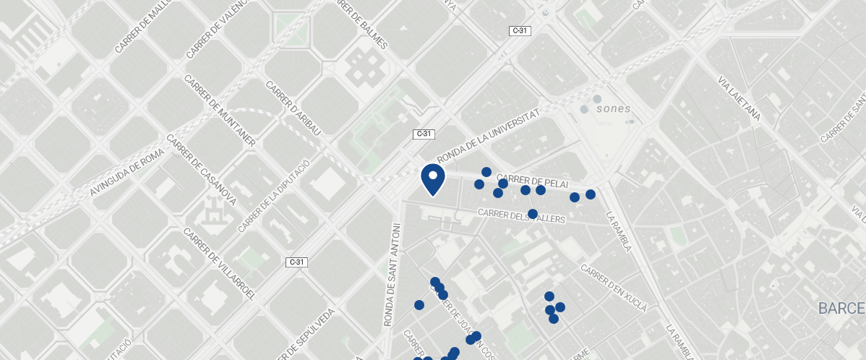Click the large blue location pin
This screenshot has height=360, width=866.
pos(432,179)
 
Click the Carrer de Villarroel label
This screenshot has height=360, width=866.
pos(220,263)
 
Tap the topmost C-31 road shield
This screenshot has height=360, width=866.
pos(520,30)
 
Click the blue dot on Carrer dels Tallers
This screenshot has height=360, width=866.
pos(533,214)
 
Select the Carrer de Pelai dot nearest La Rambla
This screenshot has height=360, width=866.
pos(591,194)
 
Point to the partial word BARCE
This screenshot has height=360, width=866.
pos(841,309)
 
